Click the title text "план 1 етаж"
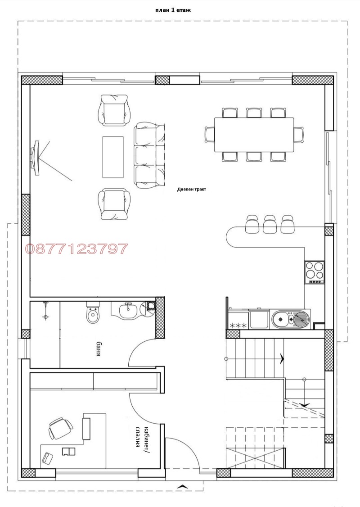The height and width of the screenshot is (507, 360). pos(173,10)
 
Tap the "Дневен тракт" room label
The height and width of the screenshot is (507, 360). pos(191,190)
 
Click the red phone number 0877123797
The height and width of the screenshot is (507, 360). pos(76,249)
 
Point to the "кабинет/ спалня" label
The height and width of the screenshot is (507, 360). pos(142,436)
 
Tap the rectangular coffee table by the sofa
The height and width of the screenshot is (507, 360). pos(113,157)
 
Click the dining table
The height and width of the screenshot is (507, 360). pos(254,135)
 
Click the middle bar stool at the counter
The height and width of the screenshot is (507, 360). pos(270,224)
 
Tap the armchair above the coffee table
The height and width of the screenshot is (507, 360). pos(114,109)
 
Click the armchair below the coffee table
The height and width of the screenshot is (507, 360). pos(114,204)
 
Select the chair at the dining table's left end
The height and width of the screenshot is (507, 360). pos(210,134)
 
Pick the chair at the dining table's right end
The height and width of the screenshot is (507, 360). pos(299,134)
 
